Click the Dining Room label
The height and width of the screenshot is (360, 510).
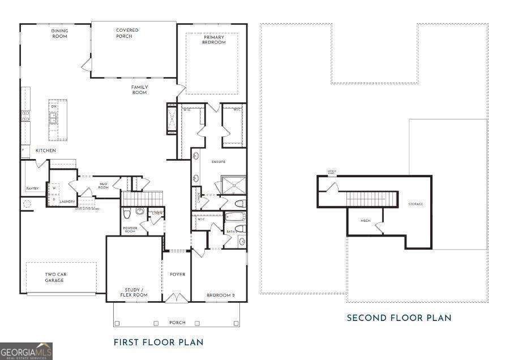pos(59,33)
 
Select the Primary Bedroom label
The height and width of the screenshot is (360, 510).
pos(214,40)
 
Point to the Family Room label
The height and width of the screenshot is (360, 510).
pos(140,89)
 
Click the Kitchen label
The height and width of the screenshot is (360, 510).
pos(46,151)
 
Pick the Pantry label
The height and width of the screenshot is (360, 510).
pos(32,188)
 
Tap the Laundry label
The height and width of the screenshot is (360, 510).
pos(68,201)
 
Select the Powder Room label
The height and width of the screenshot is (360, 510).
pos(130,230)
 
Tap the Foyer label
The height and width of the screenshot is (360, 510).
pos(177,275)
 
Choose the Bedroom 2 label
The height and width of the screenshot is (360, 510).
pos(218,295)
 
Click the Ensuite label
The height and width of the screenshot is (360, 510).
pos(219,162)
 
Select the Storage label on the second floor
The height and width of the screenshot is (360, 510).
pos(416,204)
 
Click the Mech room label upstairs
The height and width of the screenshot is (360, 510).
pos(366,221)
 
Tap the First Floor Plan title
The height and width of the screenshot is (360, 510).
pos(158,342)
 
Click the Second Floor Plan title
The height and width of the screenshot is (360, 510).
pos(399,318)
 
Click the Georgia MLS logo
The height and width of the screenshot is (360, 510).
pos(26,351)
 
